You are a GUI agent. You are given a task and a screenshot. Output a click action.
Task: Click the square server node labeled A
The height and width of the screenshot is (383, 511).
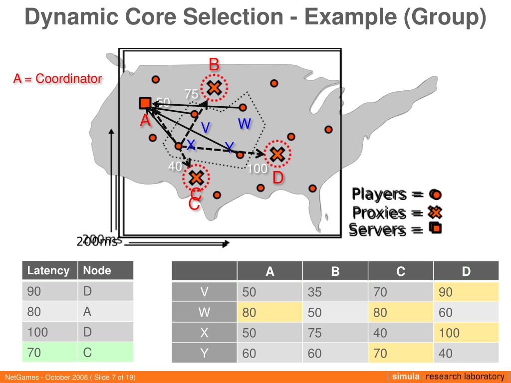click(x=145, y=103)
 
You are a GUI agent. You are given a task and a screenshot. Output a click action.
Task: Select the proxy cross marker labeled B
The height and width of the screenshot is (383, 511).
click(x=214, y=88)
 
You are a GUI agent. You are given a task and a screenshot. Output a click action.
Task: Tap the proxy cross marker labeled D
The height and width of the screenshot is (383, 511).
click(x=277, y=155)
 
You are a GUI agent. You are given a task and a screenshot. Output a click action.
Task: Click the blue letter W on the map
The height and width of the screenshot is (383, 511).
click(x=244, y=124)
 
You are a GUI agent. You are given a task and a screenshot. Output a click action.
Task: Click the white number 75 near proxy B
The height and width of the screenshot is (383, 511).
click(x=191, y=94)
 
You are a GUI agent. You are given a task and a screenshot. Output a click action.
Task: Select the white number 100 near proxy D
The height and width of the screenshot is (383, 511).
click(x=257, y=169)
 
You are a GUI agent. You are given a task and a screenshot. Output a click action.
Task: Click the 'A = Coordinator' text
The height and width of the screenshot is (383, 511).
click(x=57, y=79)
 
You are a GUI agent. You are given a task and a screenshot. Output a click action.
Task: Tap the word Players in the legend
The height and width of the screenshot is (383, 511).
click(x=379, y=193)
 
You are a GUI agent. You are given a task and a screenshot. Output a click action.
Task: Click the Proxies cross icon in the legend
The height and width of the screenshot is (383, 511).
click(x=435, y=212)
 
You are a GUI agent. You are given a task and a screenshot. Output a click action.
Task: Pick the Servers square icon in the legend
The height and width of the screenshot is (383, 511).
click(x=435, y=229)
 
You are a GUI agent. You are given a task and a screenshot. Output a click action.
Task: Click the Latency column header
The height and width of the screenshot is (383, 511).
click(x=48, y=271)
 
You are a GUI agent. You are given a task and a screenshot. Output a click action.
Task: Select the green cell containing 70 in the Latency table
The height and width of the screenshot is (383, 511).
click(x=49, y=353)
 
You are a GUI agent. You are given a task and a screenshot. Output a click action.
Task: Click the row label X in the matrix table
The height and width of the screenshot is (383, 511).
click(x=204, y=333)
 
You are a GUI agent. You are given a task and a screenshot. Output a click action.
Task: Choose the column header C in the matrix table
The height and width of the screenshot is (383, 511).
click(x=401, y=271)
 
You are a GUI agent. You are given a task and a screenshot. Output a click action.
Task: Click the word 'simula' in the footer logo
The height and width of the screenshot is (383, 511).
click(x=405, y=377)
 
